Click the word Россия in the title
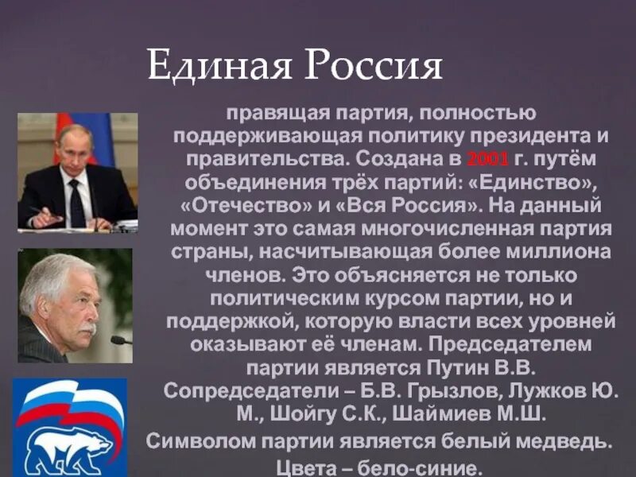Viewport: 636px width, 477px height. pyautogui.click(x=370, y=67)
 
